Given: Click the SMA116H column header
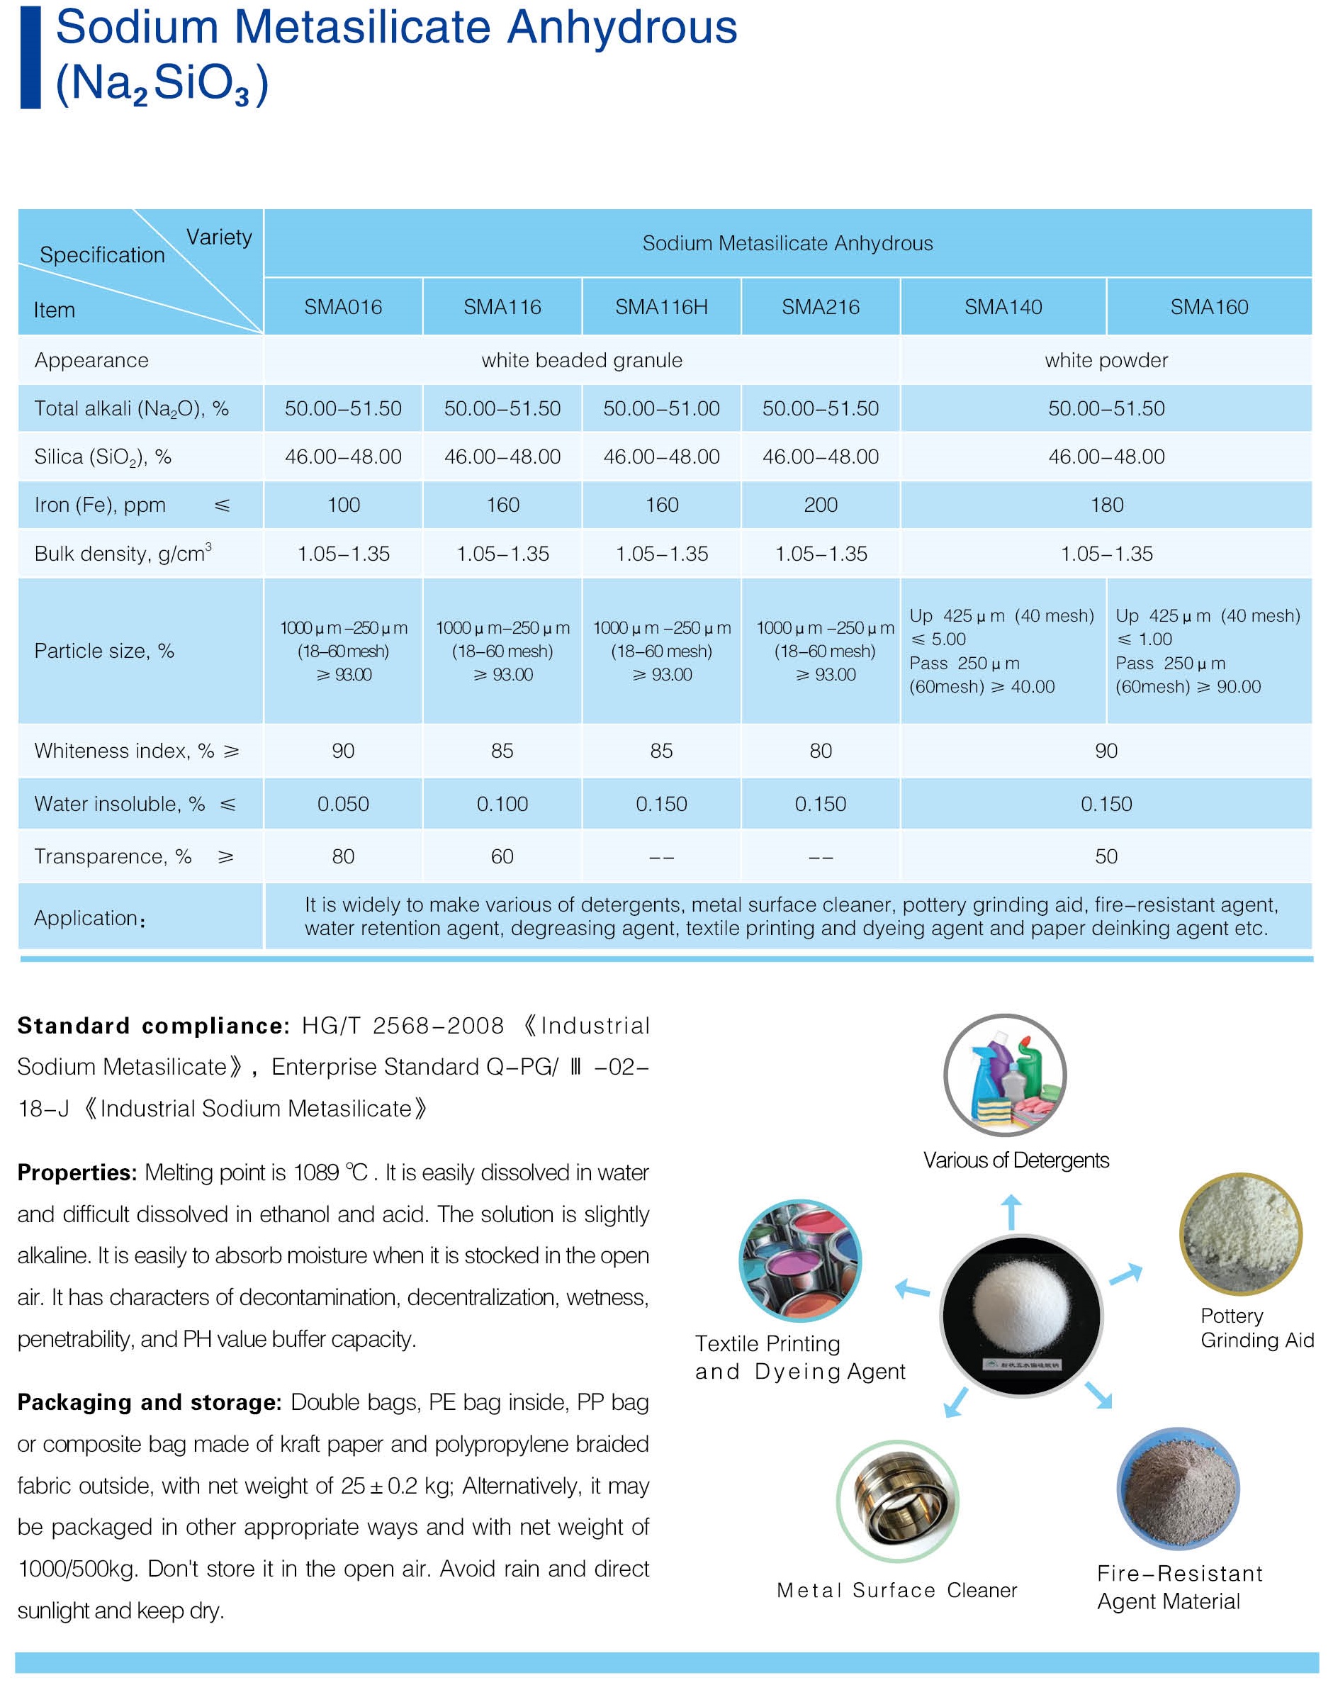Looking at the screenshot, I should point(661,307).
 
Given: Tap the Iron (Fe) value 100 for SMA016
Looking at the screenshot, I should point(344,505).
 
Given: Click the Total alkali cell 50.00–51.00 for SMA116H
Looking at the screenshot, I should point(661,408).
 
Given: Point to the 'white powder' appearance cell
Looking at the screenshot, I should point(1106,360).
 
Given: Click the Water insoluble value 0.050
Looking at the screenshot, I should point(344,804).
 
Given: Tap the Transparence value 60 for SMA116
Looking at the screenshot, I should point(502,856).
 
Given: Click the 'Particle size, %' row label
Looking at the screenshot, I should point(103,651).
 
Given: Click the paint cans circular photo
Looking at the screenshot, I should point(800,1260).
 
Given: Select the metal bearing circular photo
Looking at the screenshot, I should point(897,1501).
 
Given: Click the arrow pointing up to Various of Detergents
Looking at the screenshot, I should point(1011,1211).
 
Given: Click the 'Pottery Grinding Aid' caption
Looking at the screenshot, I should point(1256,1328).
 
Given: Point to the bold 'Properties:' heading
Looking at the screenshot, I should point(77,1172).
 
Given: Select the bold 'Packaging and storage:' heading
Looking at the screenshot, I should point(149,1401).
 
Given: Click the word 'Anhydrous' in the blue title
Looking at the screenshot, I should point(622,28).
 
